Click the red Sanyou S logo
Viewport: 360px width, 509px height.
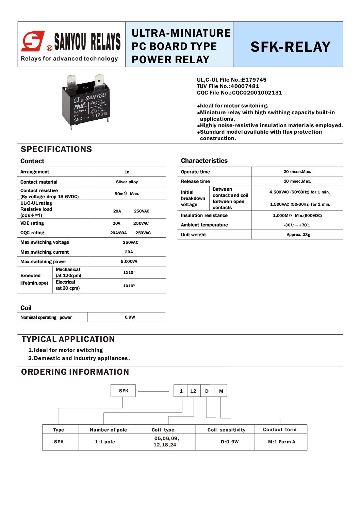click(x=33, y=41)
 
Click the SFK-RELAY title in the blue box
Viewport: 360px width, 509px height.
click(x=290, y=47)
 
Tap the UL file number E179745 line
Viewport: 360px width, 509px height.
click(x=231, y=80)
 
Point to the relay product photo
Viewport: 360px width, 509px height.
click(x=86, y=101)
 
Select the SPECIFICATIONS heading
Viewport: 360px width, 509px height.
click(x=56, y=149)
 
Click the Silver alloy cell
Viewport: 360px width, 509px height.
click(x=127, y=182)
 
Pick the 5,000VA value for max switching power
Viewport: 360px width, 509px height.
click(x=129, y=261)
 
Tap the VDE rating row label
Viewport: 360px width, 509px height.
click(x=32, y=223)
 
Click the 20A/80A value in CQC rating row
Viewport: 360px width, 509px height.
click(x=118, y=233)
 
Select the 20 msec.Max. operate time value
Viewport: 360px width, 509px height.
click(x=297, y=172)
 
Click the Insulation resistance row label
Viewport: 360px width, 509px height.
click(x=204, y=215)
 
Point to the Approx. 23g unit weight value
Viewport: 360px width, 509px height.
click(x=298, y=235)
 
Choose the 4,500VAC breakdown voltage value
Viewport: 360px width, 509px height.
click(x=299, y=192)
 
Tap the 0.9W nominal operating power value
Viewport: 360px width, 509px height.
click(x=130, y=317)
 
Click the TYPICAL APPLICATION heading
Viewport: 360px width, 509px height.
click(x=68, y=339)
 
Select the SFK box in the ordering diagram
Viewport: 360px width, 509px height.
click(x=123, y=391)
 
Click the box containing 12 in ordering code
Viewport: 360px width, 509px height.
click(x=193, y=391)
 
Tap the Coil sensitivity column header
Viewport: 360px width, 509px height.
click(x=226, y=430)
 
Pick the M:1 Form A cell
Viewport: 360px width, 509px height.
click(x=281, y=442)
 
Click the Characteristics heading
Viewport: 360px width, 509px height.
click(x=204, y=161)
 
